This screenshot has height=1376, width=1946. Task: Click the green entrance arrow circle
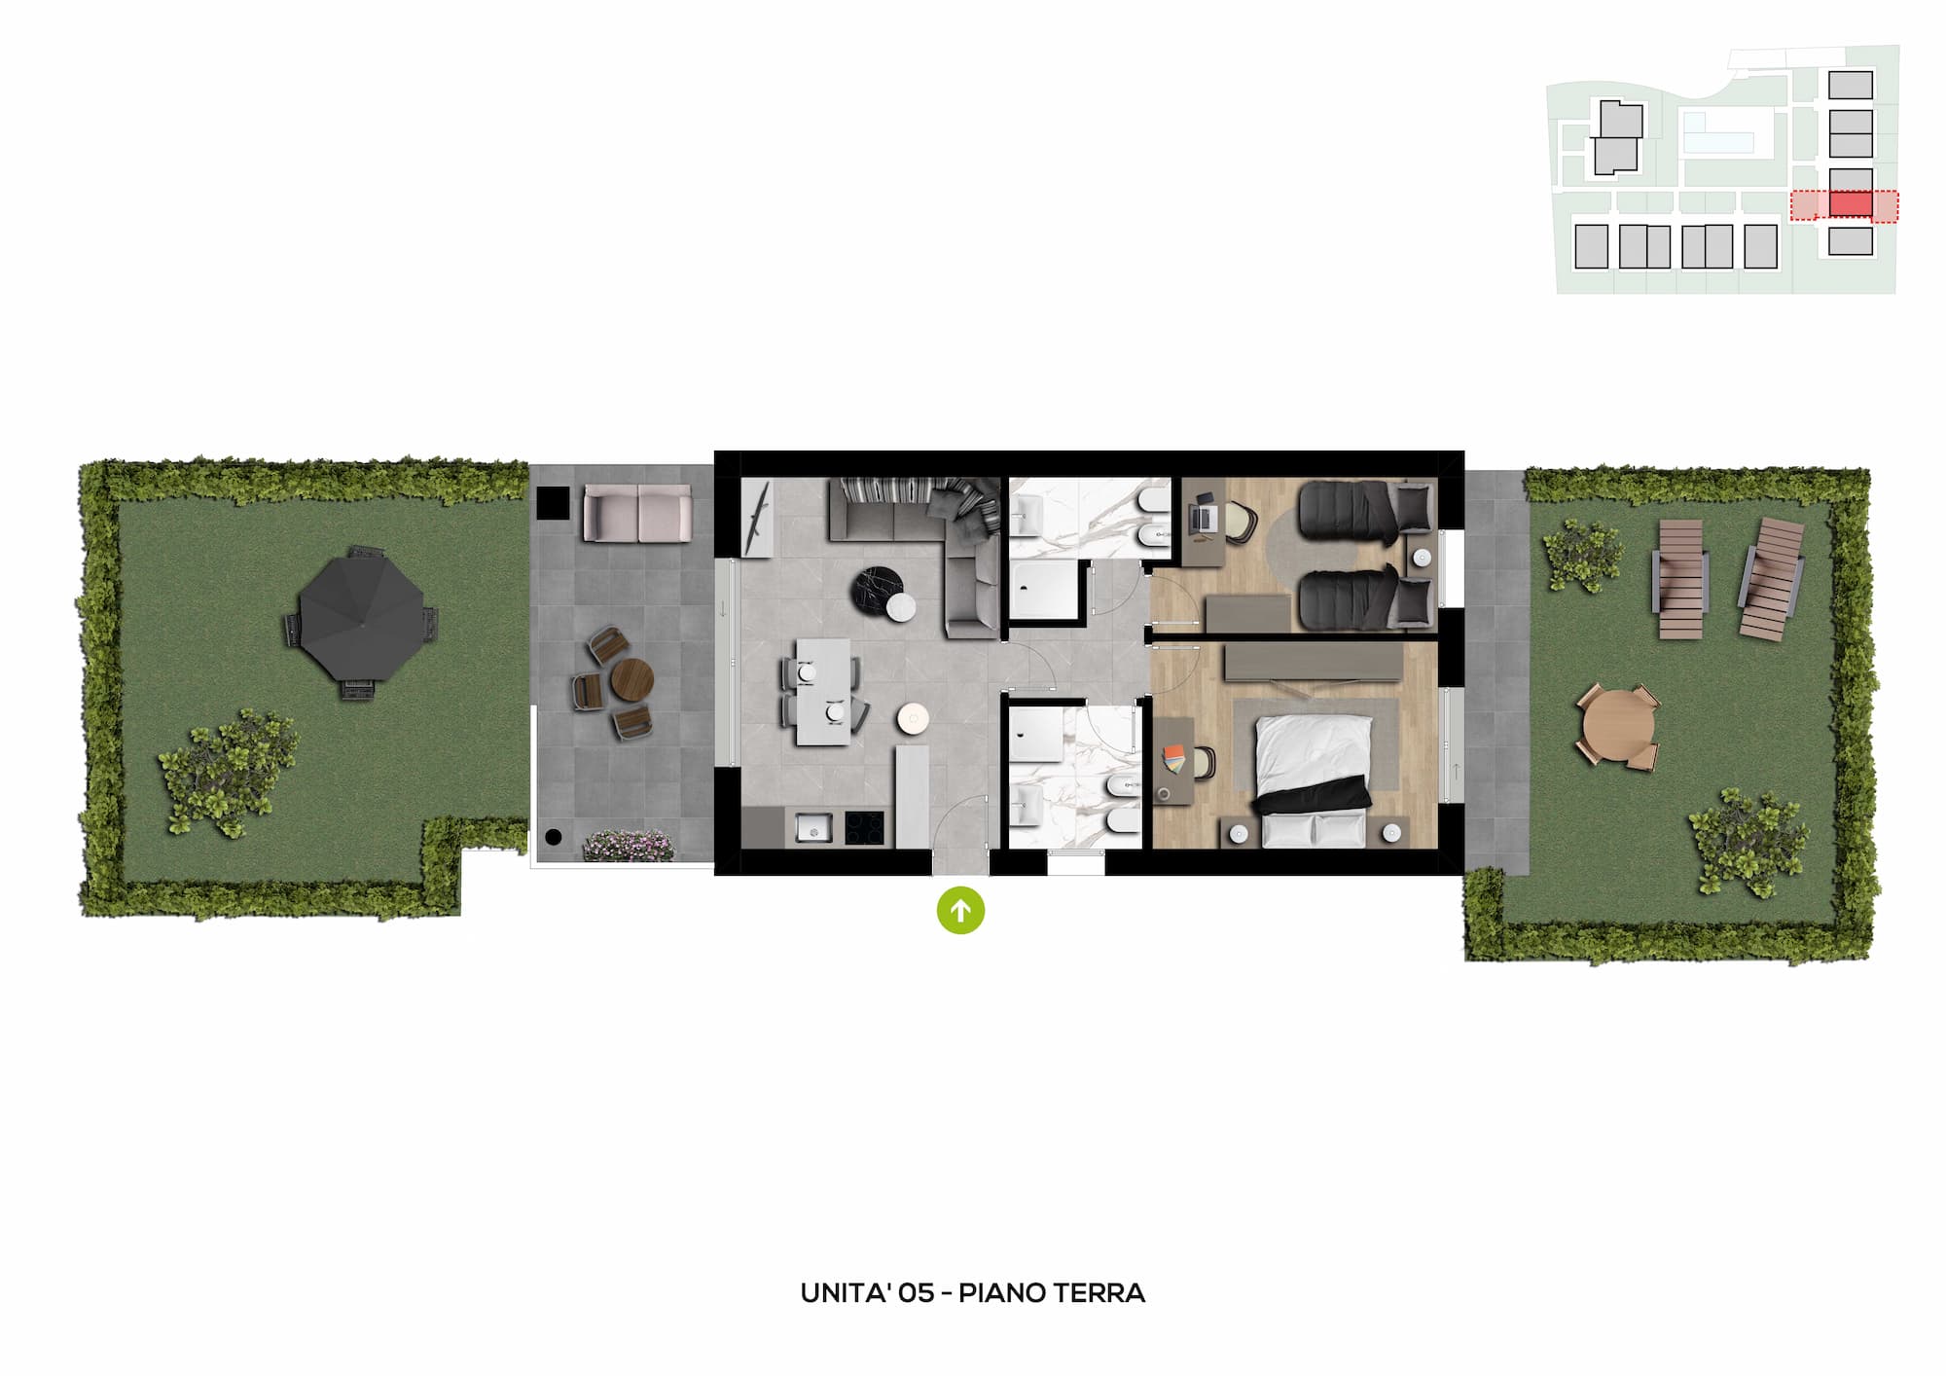(960, 911)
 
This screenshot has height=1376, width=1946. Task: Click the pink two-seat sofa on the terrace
(637, 513)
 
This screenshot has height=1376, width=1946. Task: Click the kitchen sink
(813, 828)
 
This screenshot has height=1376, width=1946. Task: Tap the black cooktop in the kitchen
(864, 828)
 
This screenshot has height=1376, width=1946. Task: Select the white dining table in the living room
(823, 692)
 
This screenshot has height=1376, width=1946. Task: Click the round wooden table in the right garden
(1616, 728)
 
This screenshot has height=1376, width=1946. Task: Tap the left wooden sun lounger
(1681, 579)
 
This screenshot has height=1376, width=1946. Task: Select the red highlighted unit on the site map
(1851, 204)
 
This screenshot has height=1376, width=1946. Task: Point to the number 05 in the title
(917, 1293)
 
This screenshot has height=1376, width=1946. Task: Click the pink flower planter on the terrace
(629, 846)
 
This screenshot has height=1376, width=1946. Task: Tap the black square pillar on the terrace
(554, 502)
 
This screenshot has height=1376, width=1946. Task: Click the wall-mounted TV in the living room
(757, 520)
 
